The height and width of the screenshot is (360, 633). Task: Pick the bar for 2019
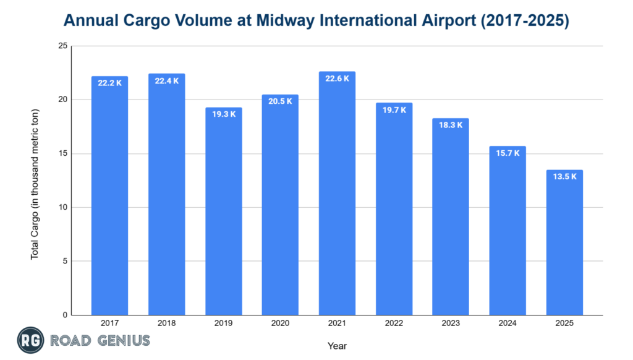[223, 211]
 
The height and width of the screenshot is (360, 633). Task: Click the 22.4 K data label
[166, 82]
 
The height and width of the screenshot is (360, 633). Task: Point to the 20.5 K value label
[280, 101]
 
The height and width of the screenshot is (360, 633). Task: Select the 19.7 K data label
[394, 110]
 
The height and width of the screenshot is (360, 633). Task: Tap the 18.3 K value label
[451, 125]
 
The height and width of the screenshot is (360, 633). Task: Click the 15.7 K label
[508, 153]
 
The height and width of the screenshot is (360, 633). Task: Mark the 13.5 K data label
[564, 177]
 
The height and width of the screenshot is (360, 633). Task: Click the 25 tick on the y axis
[62, 46]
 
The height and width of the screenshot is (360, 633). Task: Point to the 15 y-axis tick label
[62, 153]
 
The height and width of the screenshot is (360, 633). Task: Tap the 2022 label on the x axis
[394, 324]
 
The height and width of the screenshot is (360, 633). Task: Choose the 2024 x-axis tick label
[508, 324]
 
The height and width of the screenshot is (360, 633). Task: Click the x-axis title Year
[338, 346]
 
